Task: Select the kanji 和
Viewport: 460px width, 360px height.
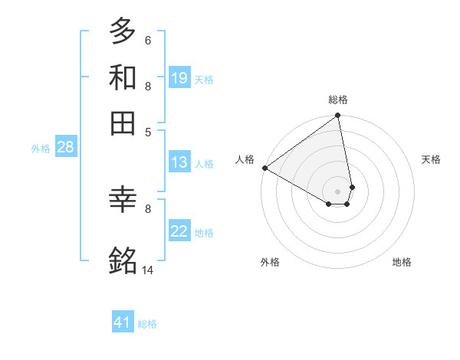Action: click(x=123, y=77)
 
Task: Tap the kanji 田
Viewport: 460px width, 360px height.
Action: click(x=123, y=123)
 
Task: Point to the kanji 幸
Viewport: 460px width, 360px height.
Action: click(x=123, y=201)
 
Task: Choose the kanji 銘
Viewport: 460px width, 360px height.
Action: click(x=123, y=260)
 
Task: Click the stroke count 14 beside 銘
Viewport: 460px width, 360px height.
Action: click(x=148, y=270)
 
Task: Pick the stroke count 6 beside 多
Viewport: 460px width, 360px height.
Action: click(x=148, y=40)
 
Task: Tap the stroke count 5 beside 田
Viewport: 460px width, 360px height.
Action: click(x=148, y=131)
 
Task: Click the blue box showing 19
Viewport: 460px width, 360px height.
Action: click(x=179, y=77)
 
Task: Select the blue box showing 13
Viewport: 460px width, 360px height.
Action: click(x=179, y=162)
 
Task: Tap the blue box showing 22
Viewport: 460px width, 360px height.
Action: click(x=179, y=231)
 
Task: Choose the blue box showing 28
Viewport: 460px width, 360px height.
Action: click(x=65, y=147)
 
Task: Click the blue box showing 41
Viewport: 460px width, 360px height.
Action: click(x=123, y=322)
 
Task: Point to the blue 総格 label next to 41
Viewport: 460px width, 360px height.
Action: click(x=147, y=324)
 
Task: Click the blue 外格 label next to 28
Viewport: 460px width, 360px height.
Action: click(x=40, y=149)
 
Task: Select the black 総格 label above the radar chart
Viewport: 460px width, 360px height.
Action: click(x=338, y=100)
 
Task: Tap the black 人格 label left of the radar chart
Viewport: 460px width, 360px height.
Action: click(x=245, y=159)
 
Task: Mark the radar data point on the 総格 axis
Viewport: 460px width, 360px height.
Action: click(x=337, y=116)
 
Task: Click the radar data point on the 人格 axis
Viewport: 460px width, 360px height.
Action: click(x=264, y=168)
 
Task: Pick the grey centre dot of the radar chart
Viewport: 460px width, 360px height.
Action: click(x=337, y=190)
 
